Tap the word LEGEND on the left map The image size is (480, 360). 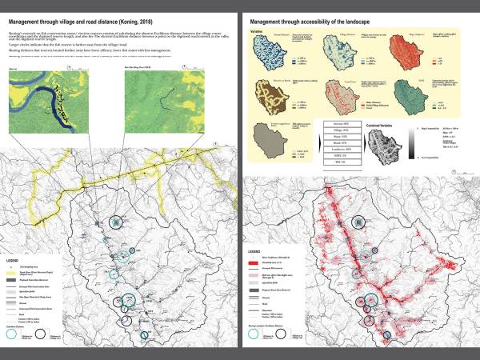click(x=13, y=261)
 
